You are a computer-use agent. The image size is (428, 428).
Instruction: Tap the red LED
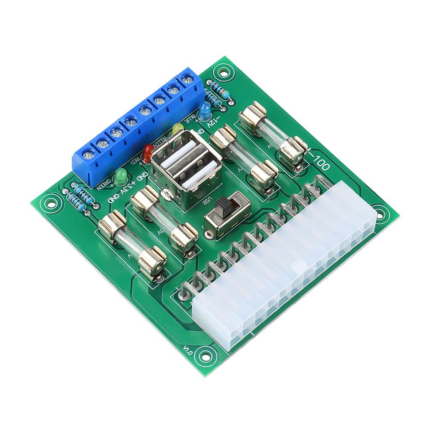pyautogui.click(x=148, y=152)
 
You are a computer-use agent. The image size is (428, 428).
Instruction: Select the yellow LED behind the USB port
pyautogui.click(x=176, y=129)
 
